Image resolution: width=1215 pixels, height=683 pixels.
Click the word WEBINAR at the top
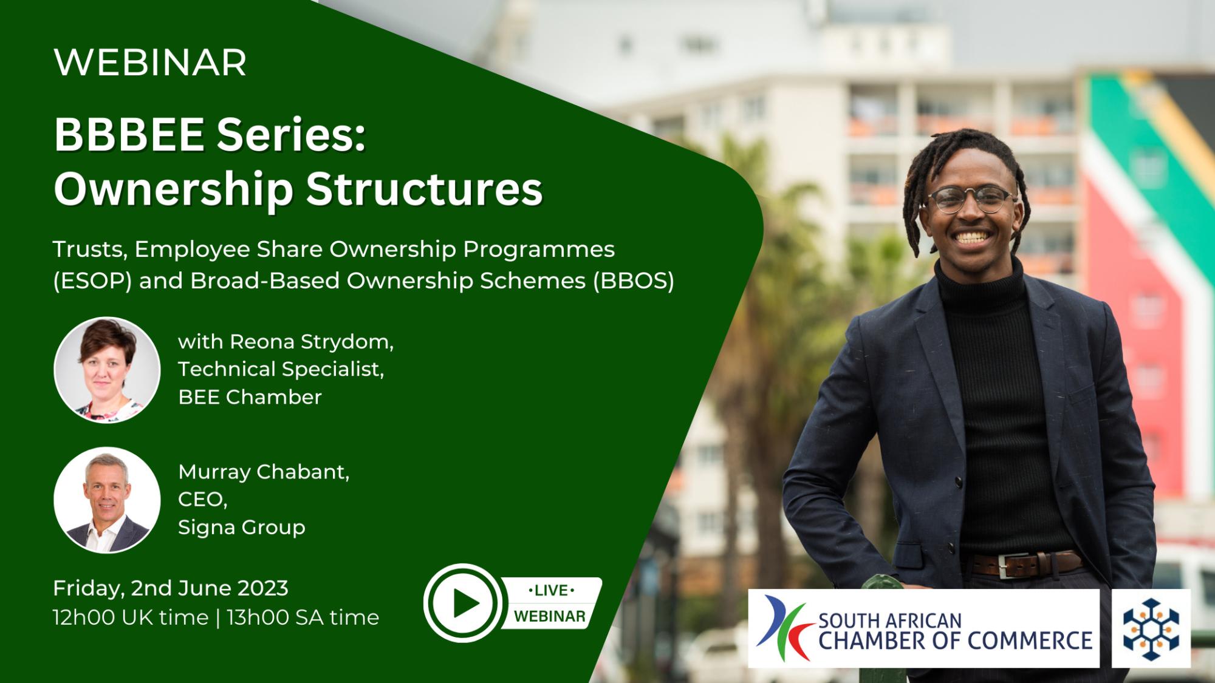150,63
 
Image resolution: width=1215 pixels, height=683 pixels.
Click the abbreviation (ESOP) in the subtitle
92,281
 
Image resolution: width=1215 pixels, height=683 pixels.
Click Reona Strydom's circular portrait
107,370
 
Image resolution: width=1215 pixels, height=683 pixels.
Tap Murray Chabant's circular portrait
107,500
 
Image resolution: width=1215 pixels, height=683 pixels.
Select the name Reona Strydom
311,342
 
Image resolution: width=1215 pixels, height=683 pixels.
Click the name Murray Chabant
264,472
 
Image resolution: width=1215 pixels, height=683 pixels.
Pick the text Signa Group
242,528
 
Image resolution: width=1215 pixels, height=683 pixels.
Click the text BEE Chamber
250,397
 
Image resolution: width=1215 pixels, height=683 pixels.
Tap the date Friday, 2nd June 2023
171,588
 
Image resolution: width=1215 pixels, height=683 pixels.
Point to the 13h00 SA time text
303,617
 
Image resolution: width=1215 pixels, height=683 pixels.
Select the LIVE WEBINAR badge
550,603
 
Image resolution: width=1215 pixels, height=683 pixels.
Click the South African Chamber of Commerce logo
924,628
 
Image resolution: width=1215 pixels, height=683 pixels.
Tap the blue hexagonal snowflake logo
1151,629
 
